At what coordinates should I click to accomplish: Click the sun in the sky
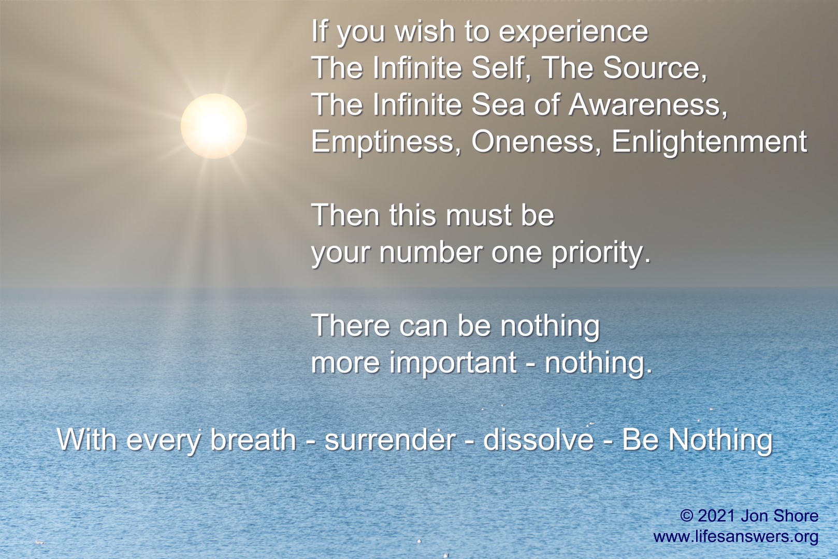(x=213, y=126)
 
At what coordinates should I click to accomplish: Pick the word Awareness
(x=647, y=105)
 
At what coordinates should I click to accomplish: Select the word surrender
(x=389, y=440)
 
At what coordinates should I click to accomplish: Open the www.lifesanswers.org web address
(x=735, y=536)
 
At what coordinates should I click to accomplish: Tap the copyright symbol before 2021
(x=687, y=516)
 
